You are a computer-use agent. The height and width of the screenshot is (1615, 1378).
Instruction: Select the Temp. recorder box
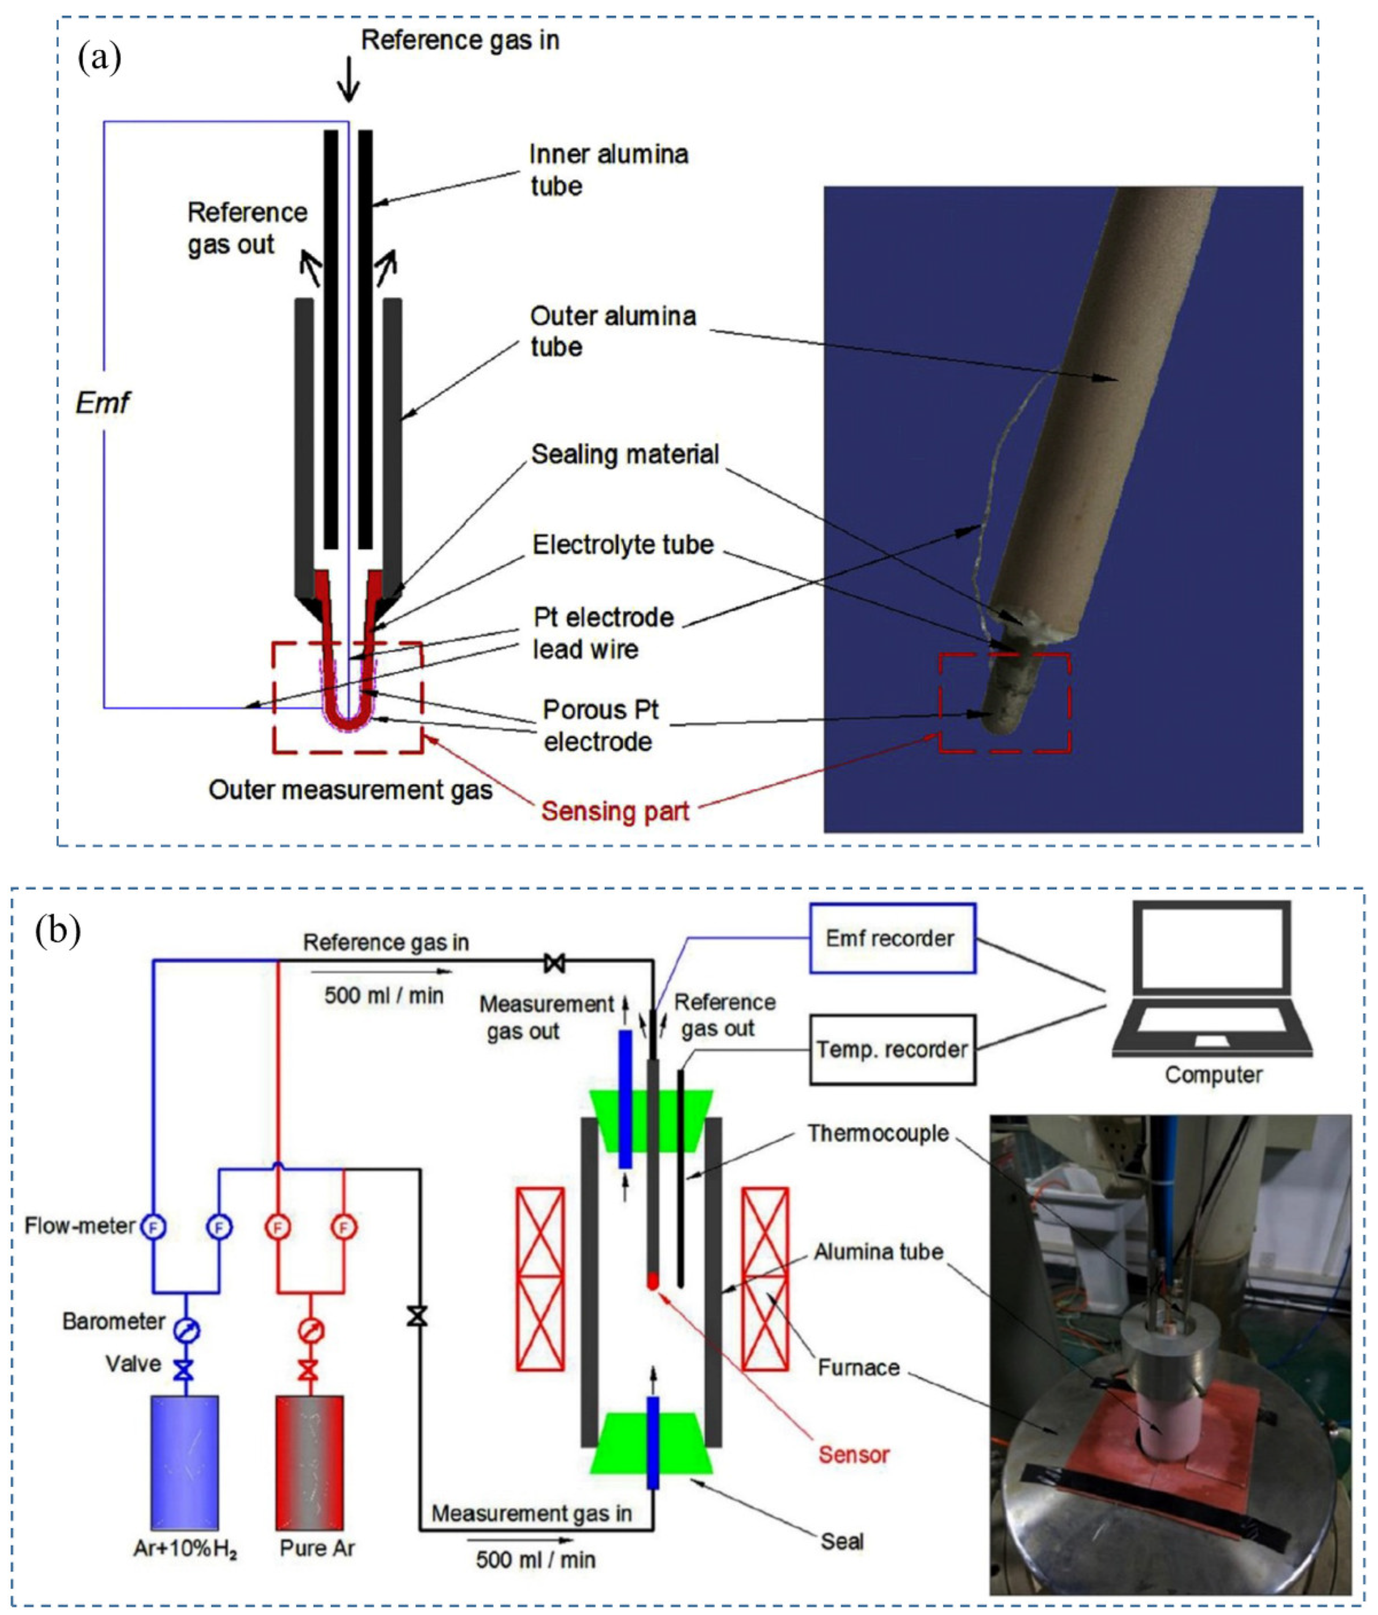(x=892, y=1049)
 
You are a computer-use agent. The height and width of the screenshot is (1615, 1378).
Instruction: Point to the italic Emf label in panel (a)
(x=102, y=403)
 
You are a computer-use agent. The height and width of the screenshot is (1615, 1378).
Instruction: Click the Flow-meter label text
(x=79, y=1225)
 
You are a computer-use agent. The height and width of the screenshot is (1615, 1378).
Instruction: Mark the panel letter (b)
(x=58, y=930)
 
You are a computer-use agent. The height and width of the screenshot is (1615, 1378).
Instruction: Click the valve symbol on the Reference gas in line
(x=554, y=963)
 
